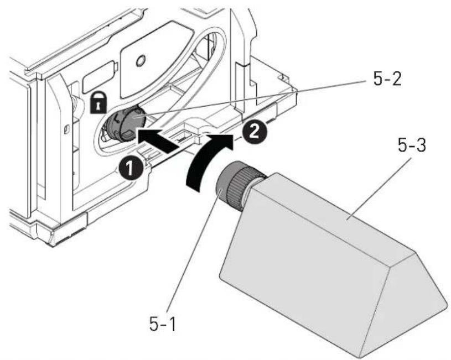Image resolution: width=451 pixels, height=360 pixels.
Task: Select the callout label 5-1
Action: pyautogui.click(x=162, y=323)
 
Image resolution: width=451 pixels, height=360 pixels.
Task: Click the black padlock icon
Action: pyautogui.click(x=99, y=102)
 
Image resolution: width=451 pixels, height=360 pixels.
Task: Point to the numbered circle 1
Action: pyautogui.click(x=131, y=168)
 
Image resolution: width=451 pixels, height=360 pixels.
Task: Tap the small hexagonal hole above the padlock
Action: pyautogui.click(x=141, y=60)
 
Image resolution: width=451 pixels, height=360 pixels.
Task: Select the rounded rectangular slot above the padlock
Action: pyautogui.click(x=99, y=77)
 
